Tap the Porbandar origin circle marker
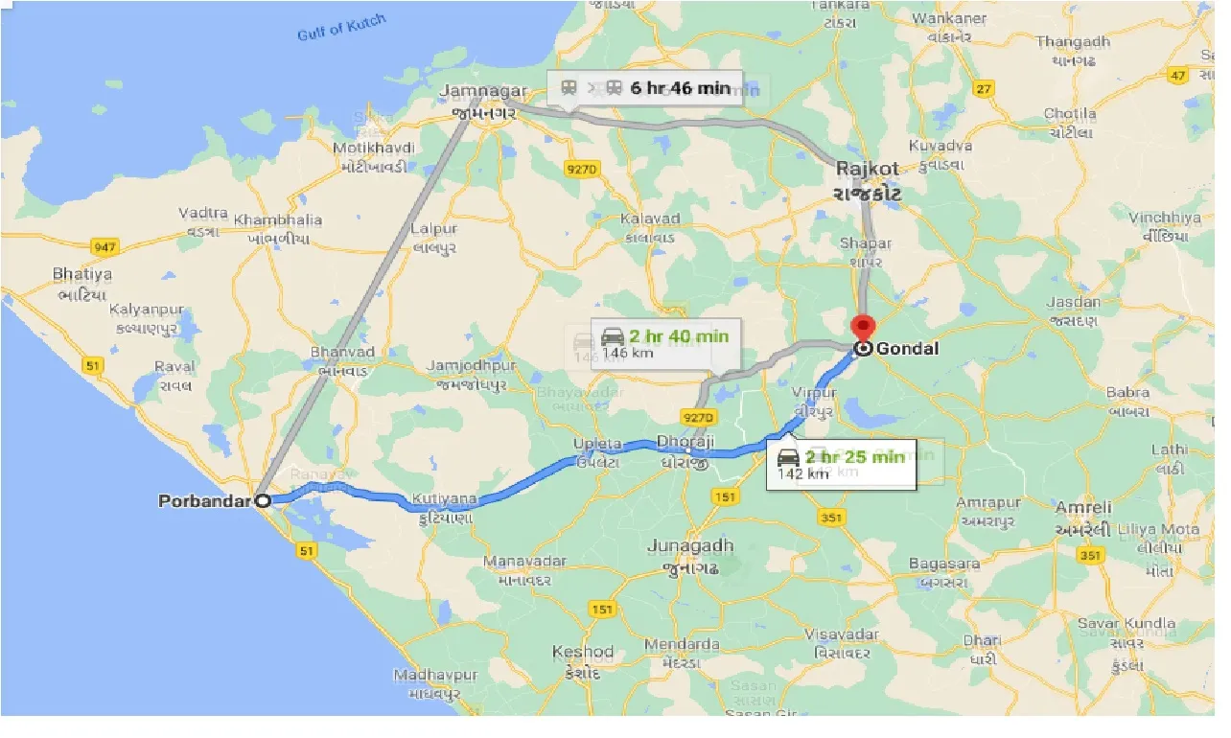[x=262, y=500]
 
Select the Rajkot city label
[x=867, y=169]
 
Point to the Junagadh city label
[x=690, y=546]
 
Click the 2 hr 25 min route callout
[x=841, y=463]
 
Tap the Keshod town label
[x=583, y=653]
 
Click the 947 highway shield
[x=104, y=247]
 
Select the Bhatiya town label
[x=82, y=275]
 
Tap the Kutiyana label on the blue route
[x=444, y=499]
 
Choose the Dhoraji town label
[x=686, y=443]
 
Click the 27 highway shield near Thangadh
[x=983, y=89]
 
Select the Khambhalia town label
[x=278, y=219]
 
